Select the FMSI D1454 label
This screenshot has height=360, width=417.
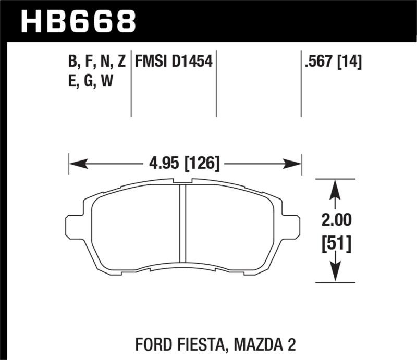[174, 63]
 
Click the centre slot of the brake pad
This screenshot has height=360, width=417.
[183, 223]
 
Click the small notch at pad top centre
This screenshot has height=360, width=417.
[183, 181]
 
